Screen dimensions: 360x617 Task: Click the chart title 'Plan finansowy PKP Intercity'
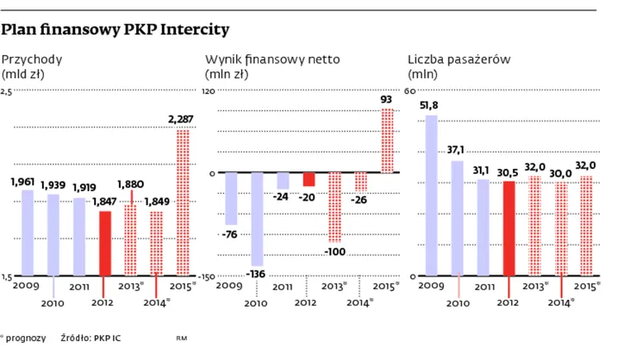[x=115, y=30]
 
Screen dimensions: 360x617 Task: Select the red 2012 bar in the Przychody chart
[x=104, y=243]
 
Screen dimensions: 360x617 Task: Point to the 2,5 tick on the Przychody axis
[x=7, y=90]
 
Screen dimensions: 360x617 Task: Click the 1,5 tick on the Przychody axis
[x=7, y=276]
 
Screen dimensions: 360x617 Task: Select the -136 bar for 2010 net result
[x=257, y=219]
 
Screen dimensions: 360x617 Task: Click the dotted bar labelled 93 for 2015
[x=388, y=140]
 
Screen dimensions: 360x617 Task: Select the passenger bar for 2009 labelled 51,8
[x=432, y=196]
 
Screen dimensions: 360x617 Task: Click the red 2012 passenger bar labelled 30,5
[x=509, y=228]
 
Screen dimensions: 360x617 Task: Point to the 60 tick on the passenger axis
[x=411, y=90]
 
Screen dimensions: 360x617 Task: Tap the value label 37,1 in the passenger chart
[x=457, y=151]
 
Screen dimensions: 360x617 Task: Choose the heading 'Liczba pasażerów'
[x=459, y=60]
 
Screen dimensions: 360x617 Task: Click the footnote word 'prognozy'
[x=25, y=339]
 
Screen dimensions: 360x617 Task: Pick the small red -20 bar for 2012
[x=308, y=179]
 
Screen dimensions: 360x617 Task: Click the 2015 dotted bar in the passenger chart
[x=587, y=226]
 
